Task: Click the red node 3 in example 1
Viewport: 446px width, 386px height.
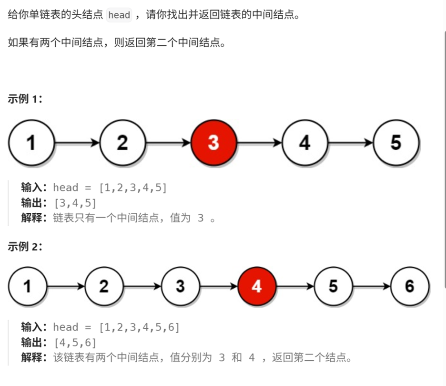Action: [213, 143]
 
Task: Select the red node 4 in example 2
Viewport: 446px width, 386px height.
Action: [257, 286]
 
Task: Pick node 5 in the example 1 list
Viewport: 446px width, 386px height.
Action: [396, 143]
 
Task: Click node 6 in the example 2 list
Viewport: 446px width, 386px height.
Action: [410, 286]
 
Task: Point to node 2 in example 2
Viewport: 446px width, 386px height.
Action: [104, 286]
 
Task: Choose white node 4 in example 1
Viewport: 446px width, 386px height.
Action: [305, 143]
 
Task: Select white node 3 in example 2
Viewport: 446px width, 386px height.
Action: [180, 286]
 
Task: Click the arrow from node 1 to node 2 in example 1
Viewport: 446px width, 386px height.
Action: [77, 143]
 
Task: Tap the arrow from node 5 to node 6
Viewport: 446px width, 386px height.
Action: [371, 286]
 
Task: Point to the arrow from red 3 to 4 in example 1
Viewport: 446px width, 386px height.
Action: [259, 143]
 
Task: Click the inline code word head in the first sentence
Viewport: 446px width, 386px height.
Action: [119, 15]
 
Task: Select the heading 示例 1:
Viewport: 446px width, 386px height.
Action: [25, 99]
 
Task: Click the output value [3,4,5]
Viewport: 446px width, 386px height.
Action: [75, 203]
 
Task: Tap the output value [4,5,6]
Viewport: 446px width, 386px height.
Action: [75, 343]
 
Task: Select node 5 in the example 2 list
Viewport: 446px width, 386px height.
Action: [333, 286]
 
